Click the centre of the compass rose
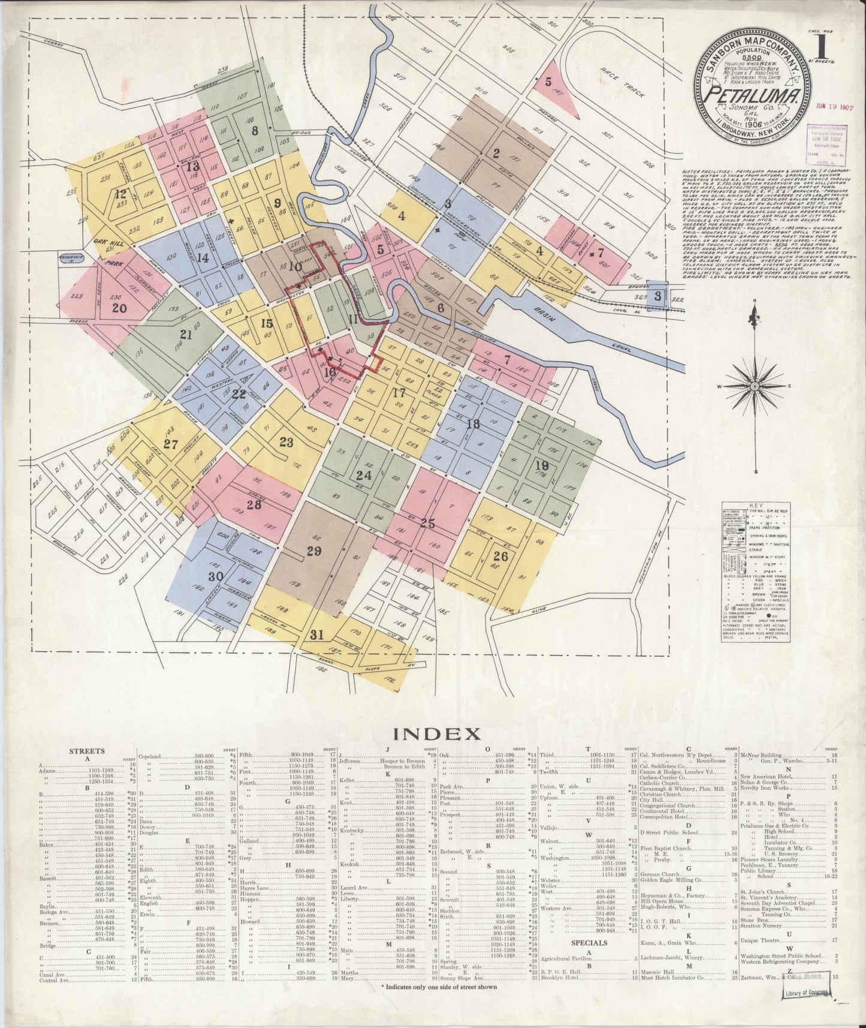coord(753,387)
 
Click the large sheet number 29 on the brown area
coord(314,552)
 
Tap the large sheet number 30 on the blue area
coord(199,577)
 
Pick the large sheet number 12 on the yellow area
coord(121,194)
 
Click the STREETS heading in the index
coord(87,750)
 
